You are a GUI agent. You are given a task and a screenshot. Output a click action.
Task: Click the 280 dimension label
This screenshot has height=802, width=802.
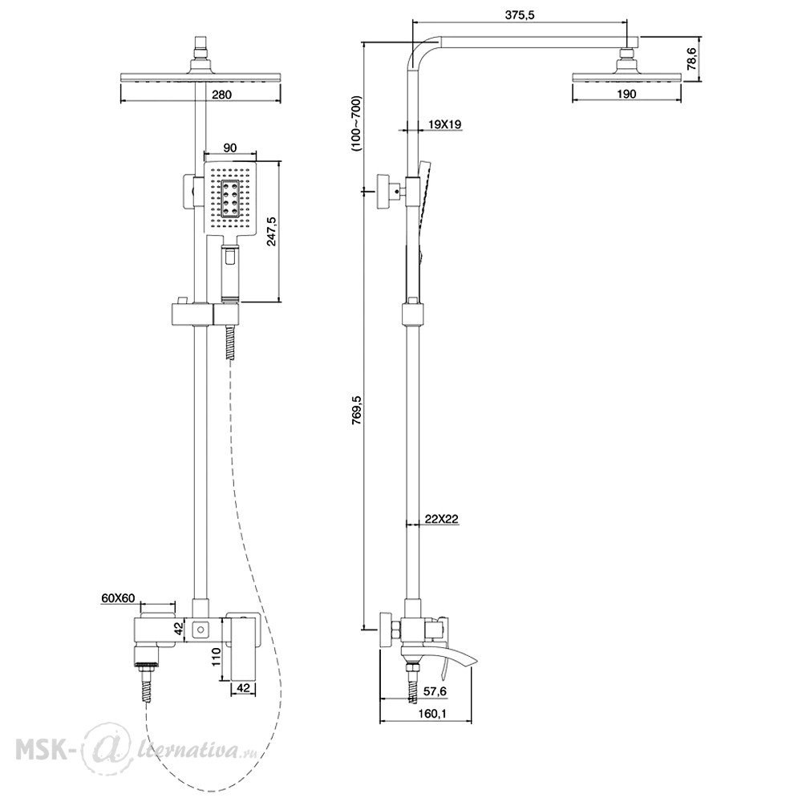tap(221, 95)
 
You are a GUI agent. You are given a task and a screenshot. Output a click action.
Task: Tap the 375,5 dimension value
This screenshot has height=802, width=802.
tap(520, 14)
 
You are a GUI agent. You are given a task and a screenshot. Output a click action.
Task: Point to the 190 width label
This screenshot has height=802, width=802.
tap(626, 94)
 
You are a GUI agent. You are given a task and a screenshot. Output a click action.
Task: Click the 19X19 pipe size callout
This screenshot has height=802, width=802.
tap(445, 124)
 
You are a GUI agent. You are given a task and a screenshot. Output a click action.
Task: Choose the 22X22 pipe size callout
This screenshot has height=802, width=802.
tap(441, 519)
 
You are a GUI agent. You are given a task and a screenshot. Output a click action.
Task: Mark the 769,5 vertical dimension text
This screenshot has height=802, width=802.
tap(357, 410)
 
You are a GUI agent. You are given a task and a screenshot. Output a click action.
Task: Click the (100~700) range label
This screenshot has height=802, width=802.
tap(356, 123)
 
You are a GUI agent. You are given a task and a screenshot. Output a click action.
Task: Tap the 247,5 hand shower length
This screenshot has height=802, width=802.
tap(271, 231)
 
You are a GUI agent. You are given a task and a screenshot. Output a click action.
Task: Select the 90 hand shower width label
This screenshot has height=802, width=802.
tap(230, 148)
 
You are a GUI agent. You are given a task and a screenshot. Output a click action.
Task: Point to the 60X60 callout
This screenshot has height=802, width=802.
tap(118, 598)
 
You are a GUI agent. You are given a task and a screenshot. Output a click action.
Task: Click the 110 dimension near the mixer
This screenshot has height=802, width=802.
tap(216, 656)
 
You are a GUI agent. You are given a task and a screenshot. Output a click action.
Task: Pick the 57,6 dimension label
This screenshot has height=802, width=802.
tap(435, 691)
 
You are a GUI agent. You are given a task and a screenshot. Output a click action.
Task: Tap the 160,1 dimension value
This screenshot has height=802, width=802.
tap(433, 713)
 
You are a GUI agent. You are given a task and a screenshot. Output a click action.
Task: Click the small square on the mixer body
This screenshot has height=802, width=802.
tap(201, 629)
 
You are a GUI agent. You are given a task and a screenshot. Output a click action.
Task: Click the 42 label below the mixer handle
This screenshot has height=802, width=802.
tap(244, 688)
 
